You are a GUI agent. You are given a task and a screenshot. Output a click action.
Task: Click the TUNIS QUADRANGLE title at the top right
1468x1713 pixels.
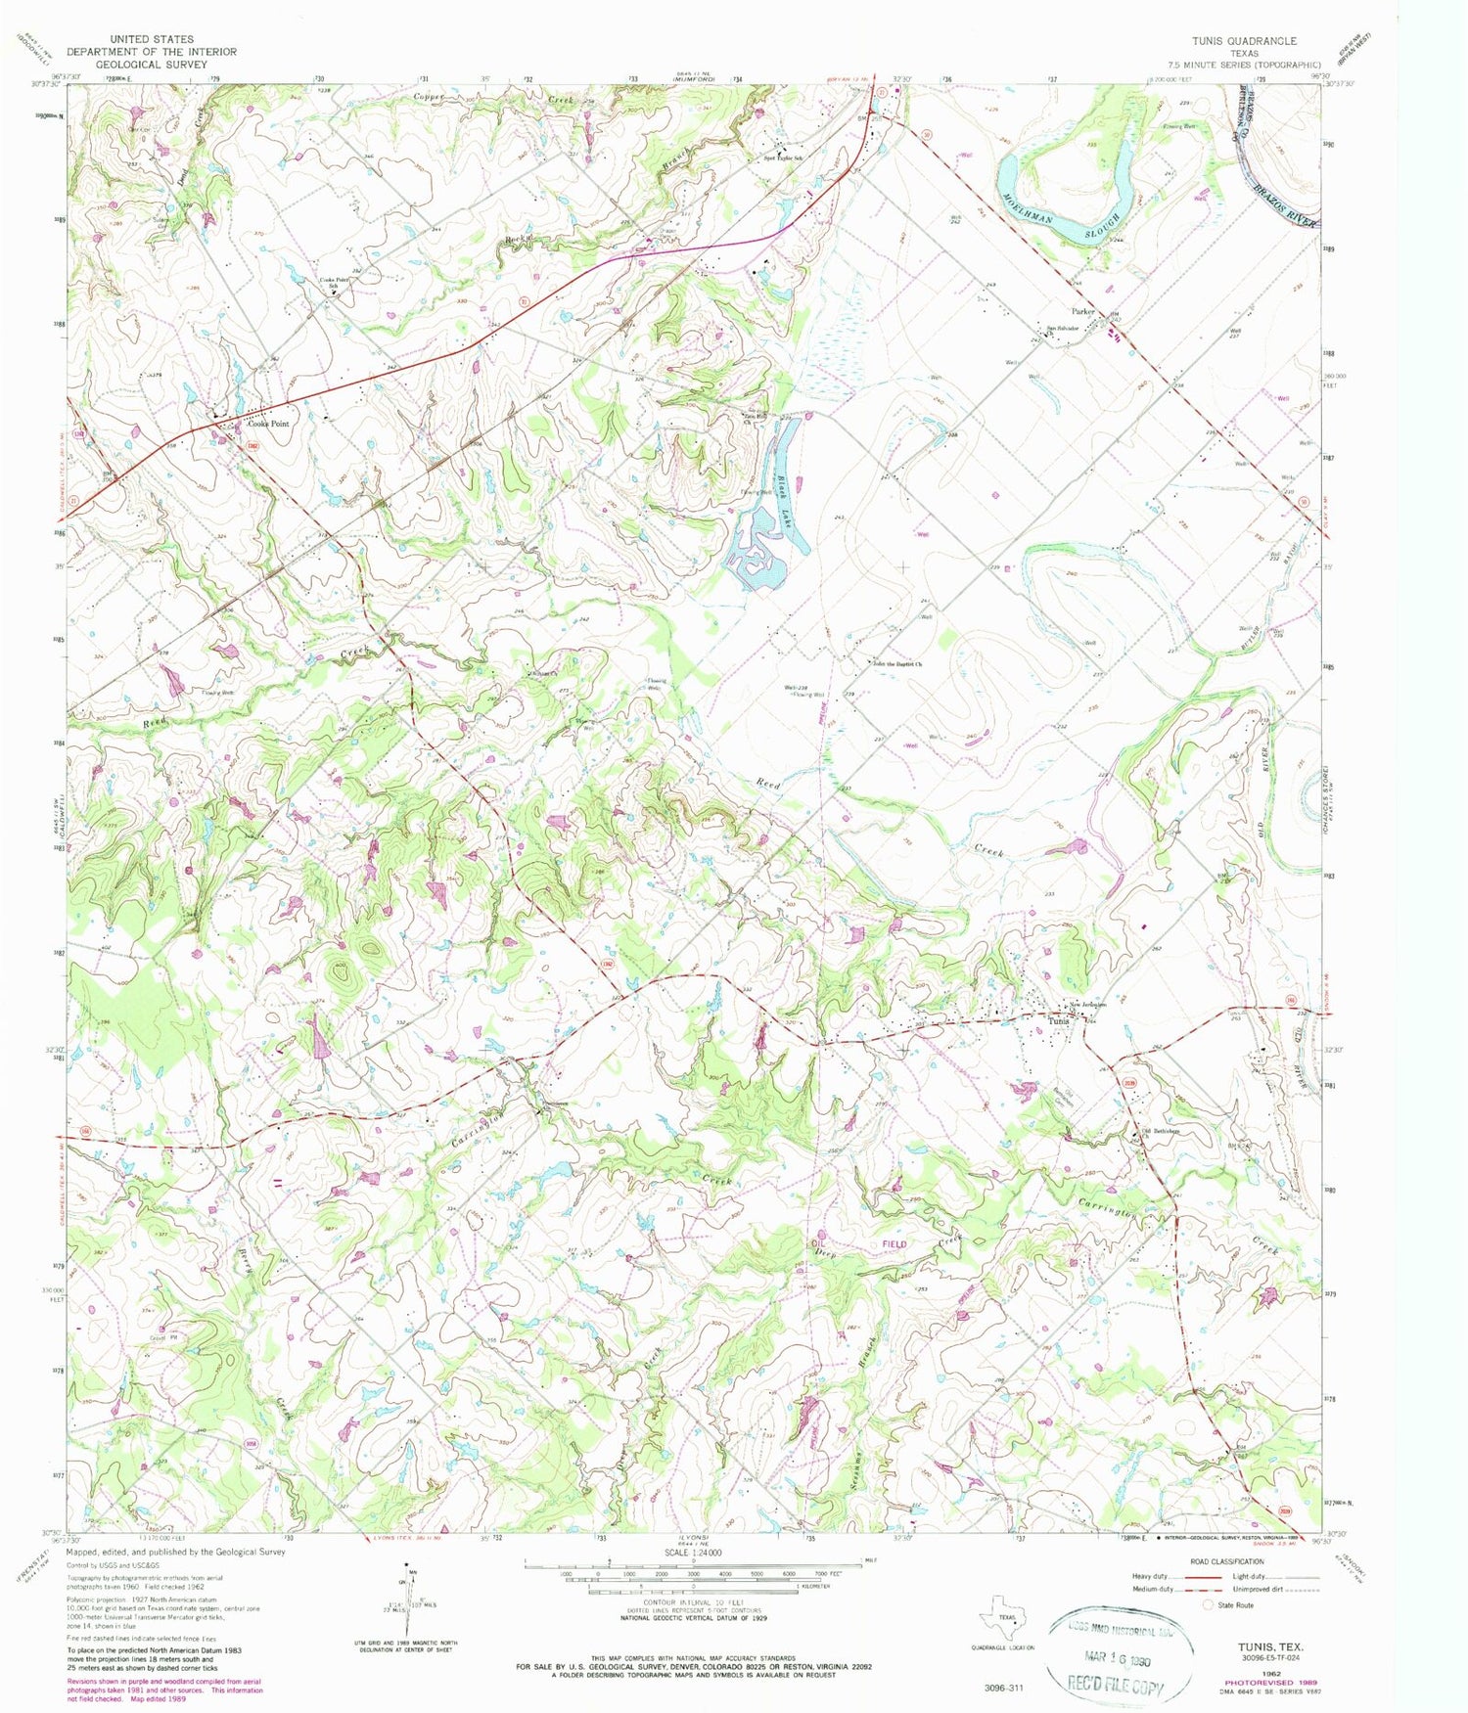coord(1244,41)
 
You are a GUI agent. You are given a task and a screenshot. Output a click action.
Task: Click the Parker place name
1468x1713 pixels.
coord(1082,312)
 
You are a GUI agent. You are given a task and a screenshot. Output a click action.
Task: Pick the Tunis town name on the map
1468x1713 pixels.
coord(1059,1021)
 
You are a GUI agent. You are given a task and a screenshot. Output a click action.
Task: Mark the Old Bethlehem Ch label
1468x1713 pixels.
coord(1162,1131)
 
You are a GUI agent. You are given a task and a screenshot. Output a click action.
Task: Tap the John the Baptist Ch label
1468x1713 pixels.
coord(898,664)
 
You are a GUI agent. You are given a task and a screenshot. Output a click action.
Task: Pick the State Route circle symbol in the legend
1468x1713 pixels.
coord(1208,1604)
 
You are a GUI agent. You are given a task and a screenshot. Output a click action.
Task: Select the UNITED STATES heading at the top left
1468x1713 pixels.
coord(152,39)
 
